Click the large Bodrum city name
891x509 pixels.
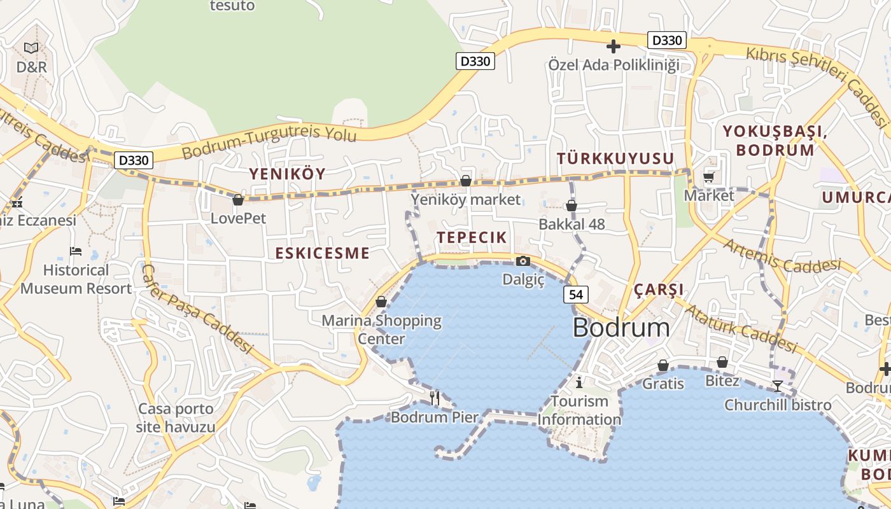621,328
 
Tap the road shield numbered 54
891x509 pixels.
575,294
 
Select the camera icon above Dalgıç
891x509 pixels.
523,261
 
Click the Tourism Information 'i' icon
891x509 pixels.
579,382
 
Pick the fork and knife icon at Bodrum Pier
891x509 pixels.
435,398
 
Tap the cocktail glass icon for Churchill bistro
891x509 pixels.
777,386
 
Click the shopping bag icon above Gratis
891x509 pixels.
663,365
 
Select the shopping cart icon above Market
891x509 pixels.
709,178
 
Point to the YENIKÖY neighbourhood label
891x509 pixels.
287,174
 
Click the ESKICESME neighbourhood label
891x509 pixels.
322,253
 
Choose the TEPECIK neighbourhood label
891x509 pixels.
472,237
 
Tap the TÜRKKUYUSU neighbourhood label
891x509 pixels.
615,158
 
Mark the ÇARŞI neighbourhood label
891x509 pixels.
659,290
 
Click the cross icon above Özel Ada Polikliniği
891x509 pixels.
614,46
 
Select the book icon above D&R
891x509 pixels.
31,48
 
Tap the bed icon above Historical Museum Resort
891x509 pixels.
76,251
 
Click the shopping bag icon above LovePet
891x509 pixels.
238,200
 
